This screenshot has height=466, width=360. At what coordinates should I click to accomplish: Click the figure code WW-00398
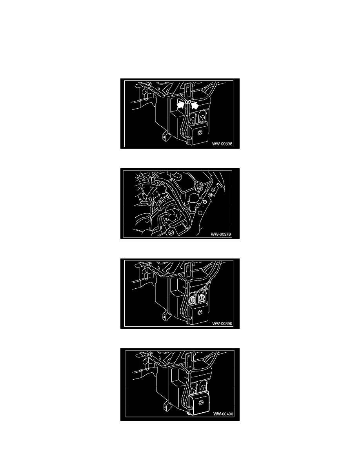(x=222, y=144)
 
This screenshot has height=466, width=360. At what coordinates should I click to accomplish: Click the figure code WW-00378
(x=221, y=234)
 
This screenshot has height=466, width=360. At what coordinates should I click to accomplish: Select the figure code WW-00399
(x=222, y=324)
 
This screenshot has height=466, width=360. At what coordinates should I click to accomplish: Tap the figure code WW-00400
(x=223, y=414)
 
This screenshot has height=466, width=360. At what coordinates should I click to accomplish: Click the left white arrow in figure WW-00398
(x=180, y=105)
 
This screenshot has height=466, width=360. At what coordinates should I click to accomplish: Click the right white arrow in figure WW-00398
(x=195, y=105)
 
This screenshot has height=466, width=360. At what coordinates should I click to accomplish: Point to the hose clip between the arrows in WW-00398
(x=187, y=102)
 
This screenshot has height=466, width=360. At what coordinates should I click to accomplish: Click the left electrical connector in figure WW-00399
(x=193, y=297)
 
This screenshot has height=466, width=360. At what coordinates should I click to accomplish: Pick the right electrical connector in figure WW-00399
(x=202, y=297)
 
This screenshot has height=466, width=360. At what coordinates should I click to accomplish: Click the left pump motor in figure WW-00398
(x=193, y=119)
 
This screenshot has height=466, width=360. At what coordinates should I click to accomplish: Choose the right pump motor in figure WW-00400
(x=204, y=388)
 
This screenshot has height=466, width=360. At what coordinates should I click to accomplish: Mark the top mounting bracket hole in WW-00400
(x=188, y=356)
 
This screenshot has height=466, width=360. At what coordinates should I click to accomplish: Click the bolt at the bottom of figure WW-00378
(x=171, y=232)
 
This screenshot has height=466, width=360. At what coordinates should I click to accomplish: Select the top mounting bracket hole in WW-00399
(x=188, y=266)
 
